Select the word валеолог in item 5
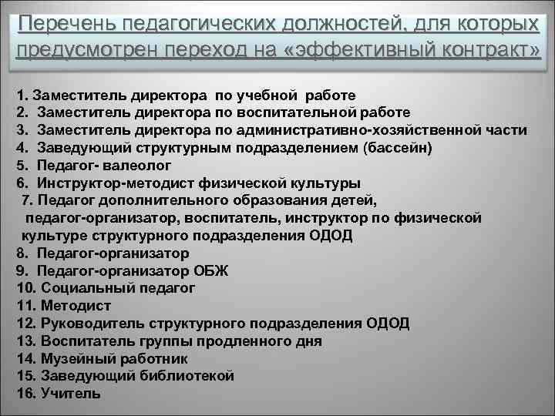click(136, 166)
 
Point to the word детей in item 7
click(352, 201)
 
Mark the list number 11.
click(24, 304)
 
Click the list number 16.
click(25, 393)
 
